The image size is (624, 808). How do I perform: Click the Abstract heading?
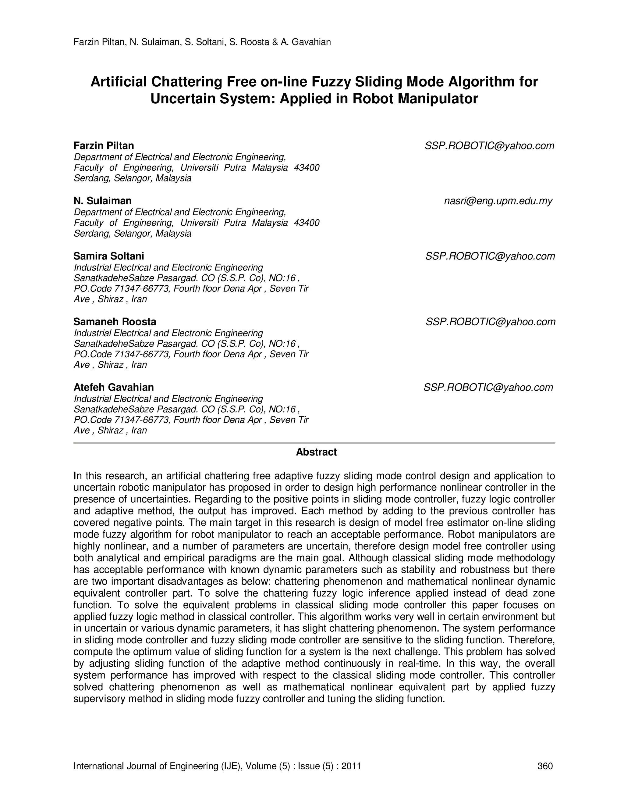[x=316, y=452]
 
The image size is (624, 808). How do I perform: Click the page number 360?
[x=545, y=766]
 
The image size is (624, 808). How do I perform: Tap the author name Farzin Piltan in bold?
[x=104, y=145]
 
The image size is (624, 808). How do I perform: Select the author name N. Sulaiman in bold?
[x=102, y=201]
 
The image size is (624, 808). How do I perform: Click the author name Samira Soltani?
[x=109, y=256]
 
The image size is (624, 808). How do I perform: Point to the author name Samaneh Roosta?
[x=115, y=321]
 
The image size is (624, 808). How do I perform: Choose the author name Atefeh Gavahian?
[x=113, y=387]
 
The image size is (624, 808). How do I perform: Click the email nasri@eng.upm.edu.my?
[x=498, y=201]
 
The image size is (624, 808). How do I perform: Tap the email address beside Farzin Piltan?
[x=489, y=146]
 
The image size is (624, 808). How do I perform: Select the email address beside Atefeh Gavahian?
[x=488, y=387]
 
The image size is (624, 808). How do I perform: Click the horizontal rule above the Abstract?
[x=314, y=443]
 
